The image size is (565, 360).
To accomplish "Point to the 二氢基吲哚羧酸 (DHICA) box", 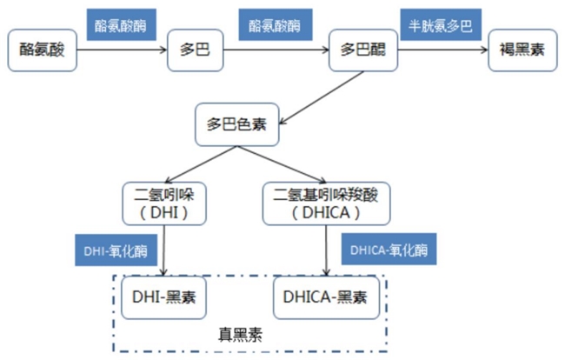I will pos(325,203).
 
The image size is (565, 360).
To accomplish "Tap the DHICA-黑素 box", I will pos(325,296).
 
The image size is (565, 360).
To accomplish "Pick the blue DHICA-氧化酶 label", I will pos(389,250).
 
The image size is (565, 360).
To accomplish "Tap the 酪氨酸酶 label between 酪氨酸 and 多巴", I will pos(120,23).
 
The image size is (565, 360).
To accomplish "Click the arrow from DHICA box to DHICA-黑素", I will pos(326,250).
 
